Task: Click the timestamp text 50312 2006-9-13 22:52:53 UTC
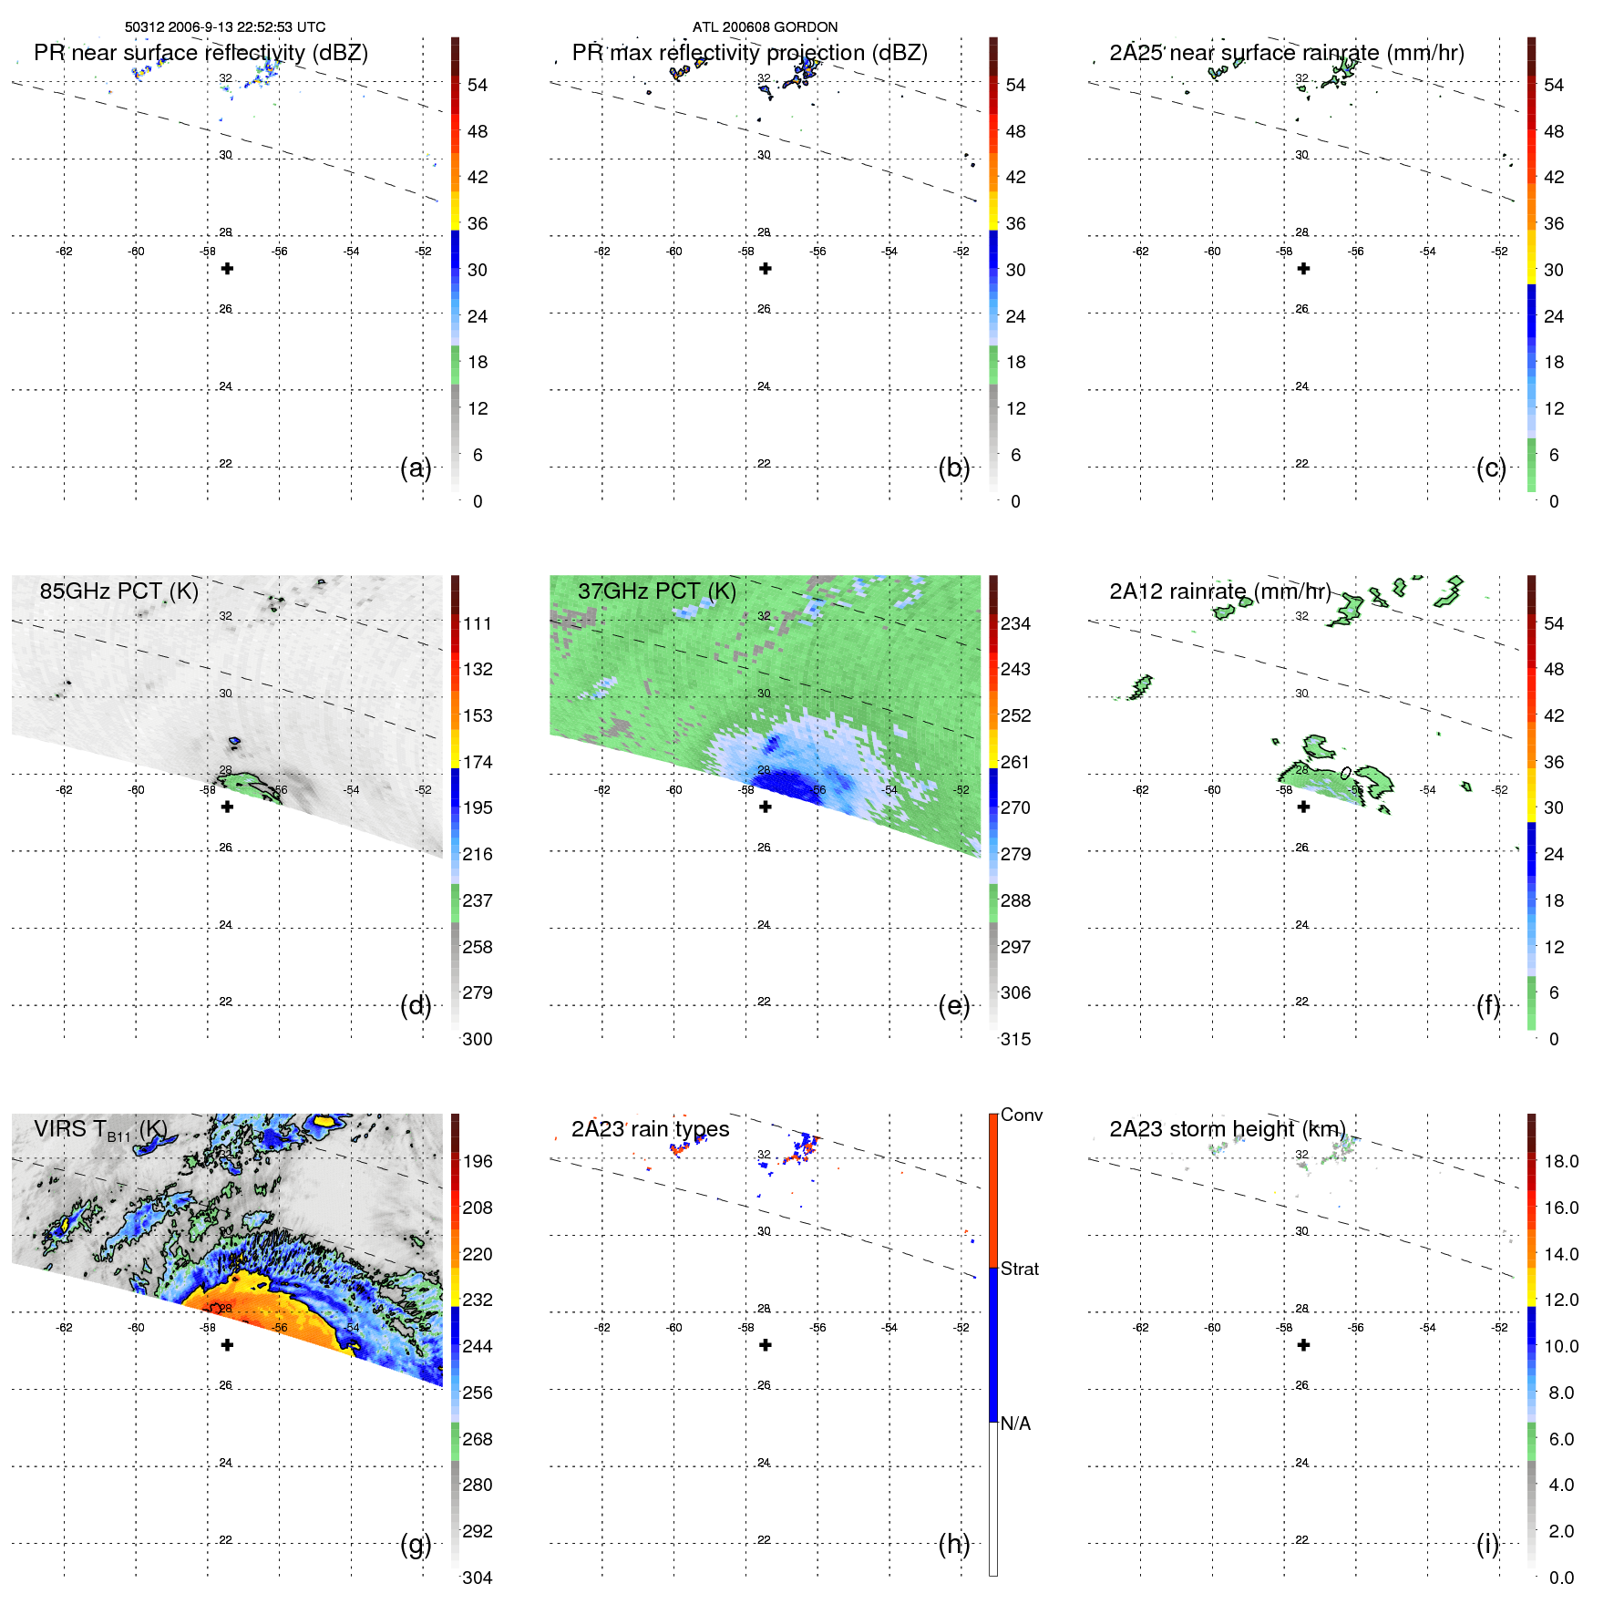(x=225, y=27)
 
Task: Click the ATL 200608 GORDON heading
(x=765, y=27)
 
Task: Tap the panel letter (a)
(x=416, y=468)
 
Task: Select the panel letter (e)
(x=953, y=1006)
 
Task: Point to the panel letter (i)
(x=1487, y=1544)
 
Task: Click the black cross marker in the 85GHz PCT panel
(x=228, y=807)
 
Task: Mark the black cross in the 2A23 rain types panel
(x=766, y=1344)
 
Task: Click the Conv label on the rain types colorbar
(x=1021, y=1115)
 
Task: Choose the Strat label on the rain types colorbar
(x=1019, y=1269)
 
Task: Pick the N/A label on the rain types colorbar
(x=1015, y=1424)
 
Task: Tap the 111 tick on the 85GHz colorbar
(x=477, y=623)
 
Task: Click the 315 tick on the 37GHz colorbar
(x=1015, y=1039)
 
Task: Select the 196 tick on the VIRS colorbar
(x=477, y=1161)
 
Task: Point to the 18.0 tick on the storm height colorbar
(x=1560, y=1161)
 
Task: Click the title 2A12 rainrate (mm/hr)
(x=1219, y=591)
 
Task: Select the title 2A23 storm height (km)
(x=1227, y=1129)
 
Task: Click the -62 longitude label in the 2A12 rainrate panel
(x=1140, y=790)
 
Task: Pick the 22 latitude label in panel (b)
(x=764, y=464)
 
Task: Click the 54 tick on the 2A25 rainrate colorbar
(x=1553, y=85)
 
